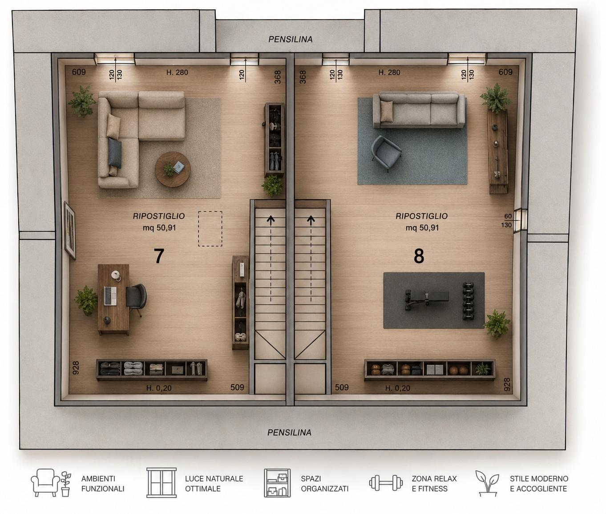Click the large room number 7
159,256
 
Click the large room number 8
419,256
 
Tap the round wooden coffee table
173,169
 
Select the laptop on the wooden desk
110,296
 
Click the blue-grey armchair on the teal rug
386,153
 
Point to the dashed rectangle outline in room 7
210,229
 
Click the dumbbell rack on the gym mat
468,301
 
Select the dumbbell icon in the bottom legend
386,483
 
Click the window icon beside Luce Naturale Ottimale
162,483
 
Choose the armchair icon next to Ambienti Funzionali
45,482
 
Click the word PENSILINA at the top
290,39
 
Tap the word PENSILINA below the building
289,433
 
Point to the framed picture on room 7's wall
70,230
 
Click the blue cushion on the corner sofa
115,153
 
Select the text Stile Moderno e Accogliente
539,483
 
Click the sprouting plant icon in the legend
487,483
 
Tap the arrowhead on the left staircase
271,219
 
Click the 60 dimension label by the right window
508,216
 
